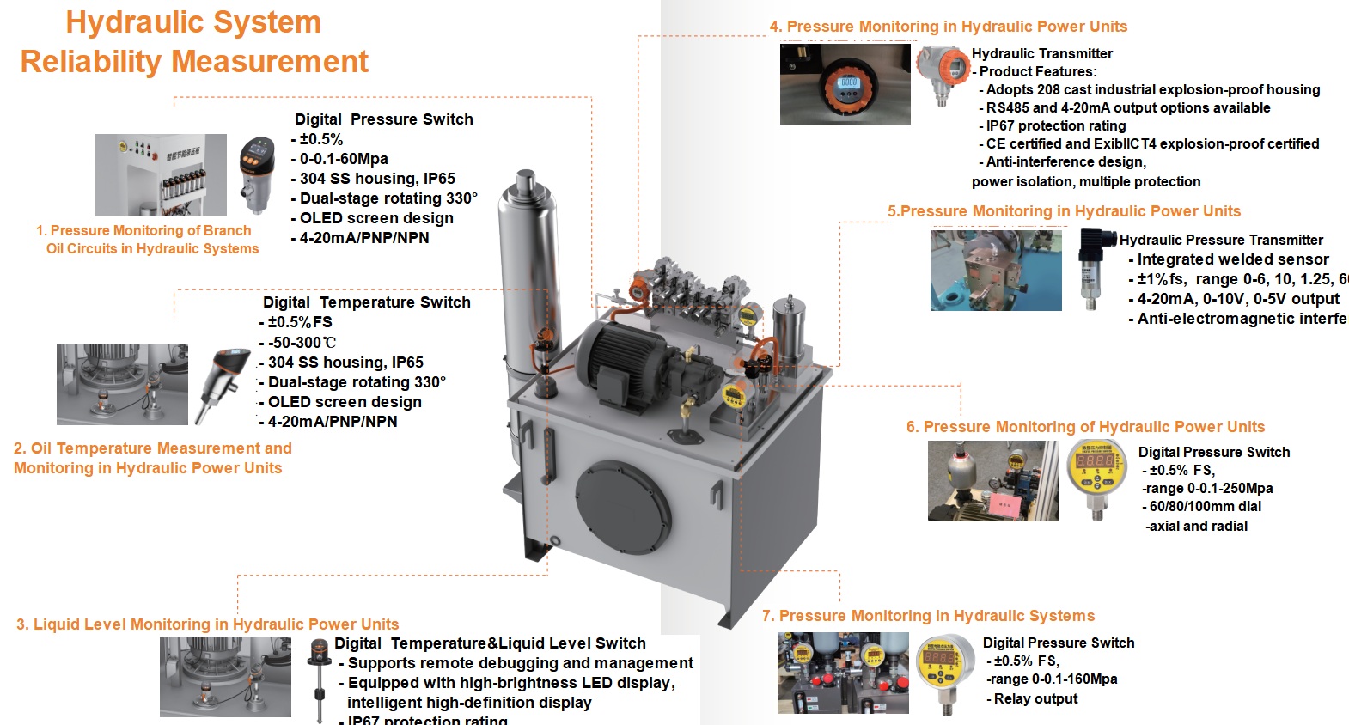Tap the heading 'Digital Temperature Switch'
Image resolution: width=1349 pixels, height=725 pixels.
pyautogui.click(x=367, y=302)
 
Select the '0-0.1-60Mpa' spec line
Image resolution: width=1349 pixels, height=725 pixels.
pyautogui.click(x=344, y=159)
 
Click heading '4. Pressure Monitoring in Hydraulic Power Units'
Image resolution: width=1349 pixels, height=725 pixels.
pyautogui.click(x=949, y=27)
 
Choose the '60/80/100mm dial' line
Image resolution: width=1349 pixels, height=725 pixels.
pyautogui.click(x=1205, y=506)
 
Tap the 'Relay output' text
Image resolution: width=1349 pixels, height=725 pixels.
pyautogui.click(x=1035, y=698)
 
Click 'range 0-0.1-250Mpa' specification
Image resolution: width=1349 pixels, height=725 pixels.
pyautogui.click(x=1207, y=488)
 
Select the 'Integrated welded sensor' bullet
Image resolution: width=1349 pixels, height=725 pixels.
pyautogui.click(x=1232, y=259)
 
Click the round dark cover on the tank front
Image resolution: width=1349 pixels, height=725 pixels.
pyautogui.click(x=622, y=507)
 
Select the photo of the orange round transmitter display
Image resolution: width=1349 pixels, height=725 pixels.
pyautogui.click(x=845, y=85)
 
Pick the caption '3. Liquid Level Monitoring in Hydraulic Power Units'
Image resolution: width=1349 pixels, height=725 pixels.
pyautogui.click(x=207, y=624)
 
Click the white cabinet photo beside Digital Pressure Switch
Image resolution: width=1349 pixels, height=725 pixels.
pyautogui.click(x=161, y=174)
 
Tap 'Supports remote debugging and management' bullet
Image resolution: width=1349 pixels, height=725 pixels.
pyautogui.click(x=520, y=663)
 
